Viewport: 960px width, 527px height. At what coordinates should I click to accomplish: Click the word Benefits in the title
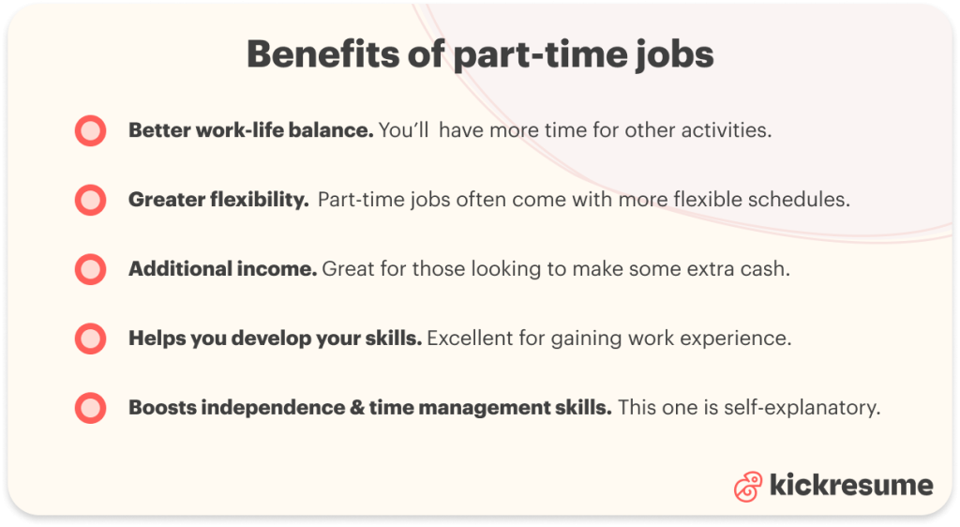click(323, 53)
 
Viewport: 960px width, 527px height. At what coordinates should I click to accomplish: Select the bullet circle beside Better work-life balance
click(91, 130)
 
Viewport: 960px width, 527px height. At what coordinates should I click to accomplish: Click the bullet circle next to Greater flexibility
click(91, 200)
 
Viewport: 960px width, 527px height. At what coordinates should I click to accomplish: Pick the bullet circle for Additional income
click(91, 269)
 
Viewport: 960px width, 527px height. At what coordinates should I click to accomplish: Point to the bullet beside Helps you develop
click(91, 338)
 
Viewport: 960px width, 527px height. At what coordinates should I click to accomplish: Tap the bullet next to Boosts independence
click(91, 407)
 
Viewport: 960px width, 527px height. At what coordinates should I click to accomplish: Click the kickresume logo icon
click(748, 487)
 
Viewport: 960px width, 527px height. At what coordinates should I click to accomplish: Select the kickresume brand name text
click(851, 485)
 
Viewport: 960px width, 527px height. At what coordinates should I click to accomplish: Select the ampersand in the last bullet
click(357, 408)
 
